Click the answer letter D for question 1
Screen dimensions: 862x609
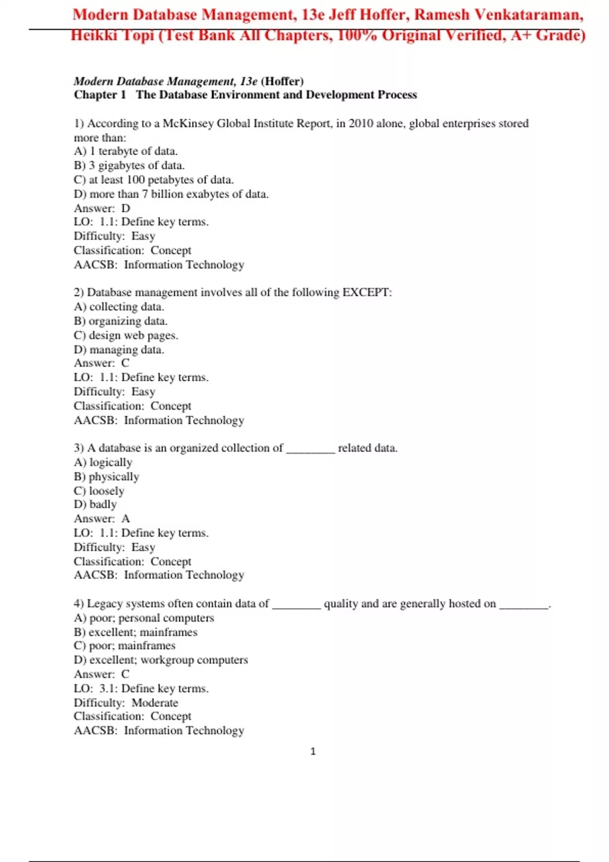pos(126,208)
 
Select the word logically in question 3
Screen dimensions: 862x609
pos(111,462)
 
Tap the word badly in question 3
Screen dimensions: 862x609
pos(103,505)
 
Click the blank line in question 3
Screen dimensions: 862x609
pos(311,449)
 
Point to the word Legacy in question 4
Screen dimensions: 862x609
pos(105,604)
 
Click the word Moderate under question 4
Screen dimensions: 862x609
pos(155,703)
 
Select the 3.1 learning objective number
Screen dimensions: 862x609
pos(108,689)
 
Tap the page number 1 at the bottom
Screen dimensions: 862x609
pos(313,751)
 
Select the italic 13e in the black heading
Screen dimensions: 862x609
pos(249,81)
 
